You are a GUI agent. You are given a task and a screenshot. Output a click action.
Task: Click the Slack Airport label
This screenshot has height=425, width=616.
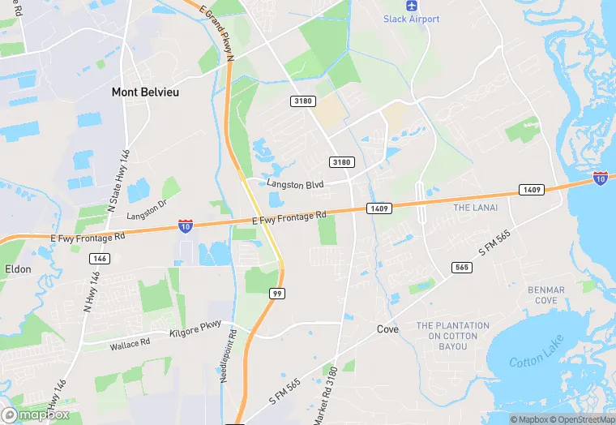point(411,19)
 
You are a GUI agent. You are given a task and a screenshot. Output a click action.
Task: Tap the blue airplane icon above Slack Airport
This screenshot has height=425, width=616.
point(411,5)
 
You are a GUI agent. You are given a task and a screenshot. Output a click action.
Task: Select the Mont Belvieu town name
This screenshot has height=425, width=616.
point(145,92)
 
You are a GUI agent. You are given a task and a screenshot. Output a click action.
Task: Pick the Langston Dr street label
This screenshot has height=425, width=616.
point(146,210)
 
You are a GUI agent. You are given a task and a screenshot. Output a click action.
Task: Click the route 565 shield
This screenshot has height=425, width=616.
point(462,267)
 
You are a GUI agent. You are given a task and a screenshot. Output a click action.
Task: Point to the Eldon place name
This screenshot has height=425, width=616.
point(18,268)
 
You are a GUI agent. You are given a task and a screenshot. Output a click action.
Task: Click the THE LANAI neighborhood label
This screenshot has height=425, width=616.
point(475,208)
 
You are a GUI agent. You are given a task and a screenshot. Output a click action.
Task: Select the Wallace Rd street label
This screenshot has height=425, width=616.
point(130,345)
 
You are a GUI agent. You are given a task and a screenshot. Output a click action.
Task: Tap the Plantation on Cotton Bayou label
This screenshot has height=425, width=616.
point(453,336)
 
